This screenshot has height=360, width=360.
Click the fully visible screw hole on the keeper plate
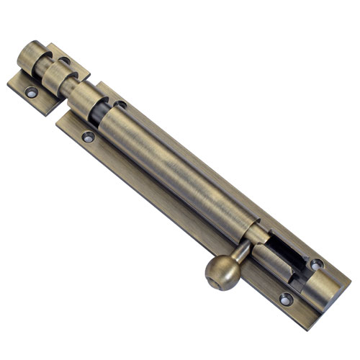tap(30, 92)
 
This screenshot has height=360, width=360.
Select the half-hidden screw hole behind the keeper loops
tap(65, 61)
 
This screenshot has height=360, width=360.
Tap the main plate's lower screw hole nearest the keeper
tap(88, 136)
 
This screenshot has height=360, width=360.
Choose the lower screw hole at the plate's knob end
tap(285, 297)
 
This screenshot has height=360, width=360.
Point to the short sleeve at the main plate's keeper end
tap(90, 101)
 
